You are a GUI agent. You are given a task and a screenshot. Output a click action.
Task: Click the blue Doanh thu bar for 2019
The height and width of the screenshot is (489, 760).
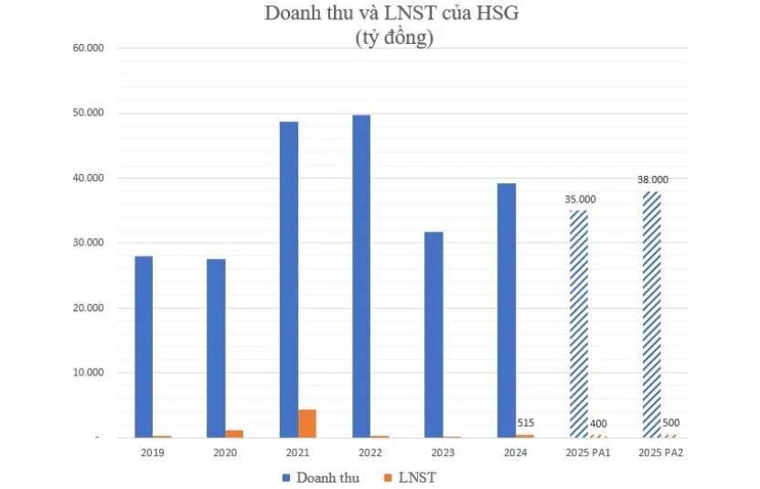[144, 346]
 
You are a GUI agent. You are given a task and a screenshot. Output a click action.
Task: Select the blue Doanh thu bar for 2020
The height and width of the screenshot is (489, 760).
[216, 348]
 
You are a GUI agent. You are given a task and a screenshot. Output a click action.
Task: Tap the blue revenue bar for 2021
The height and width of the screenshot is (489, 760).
[289, 279]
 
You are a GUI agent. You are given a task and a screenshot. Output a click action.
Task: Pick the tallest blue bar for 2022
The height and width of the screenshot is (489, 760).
[361, 276]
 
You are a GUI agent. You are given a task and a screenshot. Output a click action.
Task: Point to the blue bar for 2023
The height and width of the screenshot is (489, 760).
[434, 334]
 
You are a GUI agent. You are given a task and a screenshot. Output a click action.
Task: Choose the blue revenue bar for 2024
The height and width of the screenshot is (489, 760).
[506, 310]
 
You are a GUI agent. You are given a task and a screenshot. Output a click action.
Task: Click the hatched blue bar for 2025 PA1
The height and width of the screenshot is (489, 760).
[578, 323]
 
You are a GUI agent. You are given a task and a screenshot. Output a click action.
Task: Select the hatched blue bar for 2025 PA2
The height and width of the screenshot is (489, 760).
[651, 314]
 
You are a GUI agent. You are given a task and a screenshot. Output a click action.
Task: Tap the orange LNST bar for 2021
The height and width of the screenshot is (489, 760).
[307, 423]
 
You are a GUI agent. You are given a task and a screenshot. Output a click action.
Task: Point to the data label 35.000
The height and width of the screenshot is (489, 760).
[578, 199]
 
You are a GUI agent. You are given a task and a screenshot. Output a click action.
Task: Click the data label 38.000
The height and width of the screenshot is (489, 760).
[652, 179]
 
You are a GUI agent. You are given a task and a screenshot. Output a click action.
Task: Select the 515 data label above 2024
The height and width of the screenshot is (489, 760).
[524, 423]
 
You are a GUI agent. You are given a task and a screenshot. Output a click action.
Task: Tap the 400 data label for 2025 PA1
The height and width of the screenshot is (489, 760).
[596, 424]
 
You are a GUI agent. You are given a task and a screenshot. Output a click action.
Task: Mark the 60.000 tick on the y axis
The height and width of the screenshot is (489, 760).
[89, 48]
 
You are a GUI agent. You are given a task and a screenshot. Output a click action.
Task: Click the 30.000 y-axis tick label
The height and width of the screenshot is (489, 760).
[89, 243]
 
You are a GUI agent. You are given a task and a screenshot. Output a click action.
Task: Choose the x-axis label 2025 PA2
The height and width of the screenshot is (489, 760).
[660, 452]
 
